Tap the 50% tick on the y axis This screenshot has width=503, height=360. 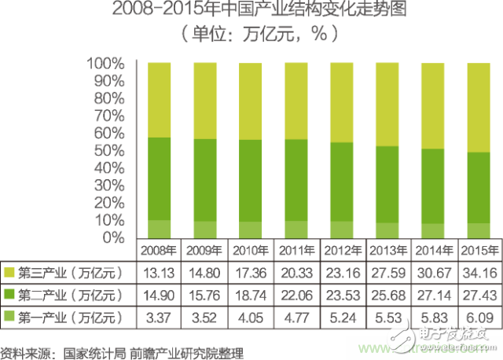(106, 150)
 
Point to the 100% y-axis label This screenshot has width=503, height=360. (103, 63)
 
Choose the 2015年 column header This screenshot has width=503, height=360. (480, 252)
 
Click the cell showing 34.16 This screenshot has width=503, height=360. (480, 273)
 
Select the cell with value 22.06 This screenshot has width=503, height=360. (297, 295)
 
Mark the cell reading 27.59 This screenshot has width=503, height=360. (389, 273)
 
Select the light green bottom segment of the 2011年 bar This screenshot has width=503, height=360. (297, 229)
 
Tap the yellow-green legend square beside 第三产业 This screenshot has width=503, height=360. (9, 273)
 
